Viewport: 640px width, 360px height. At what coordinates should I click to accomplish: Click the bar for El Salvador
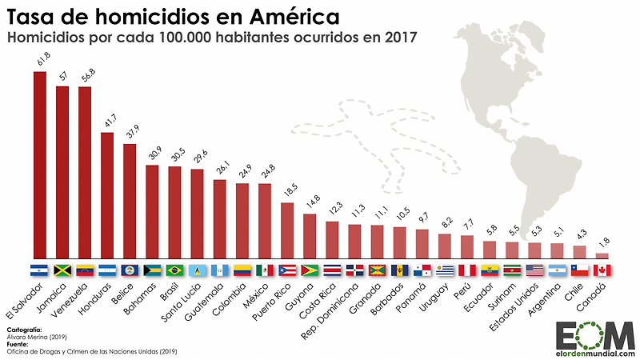click(x=39, y=164)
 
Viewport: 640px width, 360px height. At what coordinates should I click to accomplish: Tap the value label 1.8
click(x=605, y=242)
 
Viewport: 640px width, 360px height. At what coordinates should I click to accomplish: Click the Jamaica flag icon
click(x=62, y=270)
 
